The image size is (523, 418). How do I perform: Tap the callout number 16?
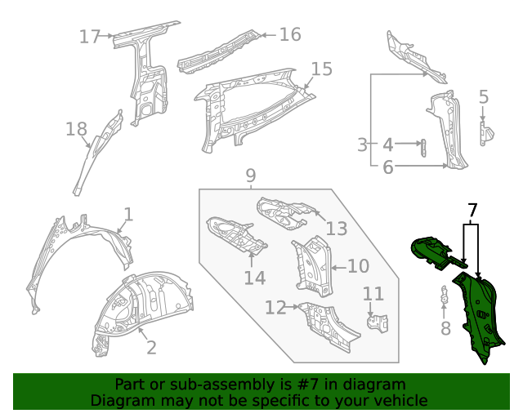[x=290, y=34]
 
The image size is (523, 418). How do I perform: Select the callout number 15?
[x=322, y=69]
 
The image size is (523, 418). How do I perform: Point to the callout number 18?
[x=76, y=129]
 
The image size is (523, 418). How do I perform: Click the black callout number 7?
[x=472, y=211]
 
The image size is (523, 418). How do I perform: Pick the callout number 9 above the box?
[x=251, y=176]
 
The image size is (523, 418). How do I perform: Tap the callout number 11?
[x=373, y=294]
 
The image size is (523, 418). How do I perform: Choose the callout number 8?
[x=445, y=328]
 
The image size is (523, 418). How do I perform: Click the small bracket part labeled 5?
[x=484, y=131]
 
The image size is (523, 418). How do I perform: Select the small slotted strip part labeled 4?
[x=422, y=147]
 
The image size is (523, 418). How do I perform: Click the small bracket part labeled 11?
[x=375, y=322]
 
